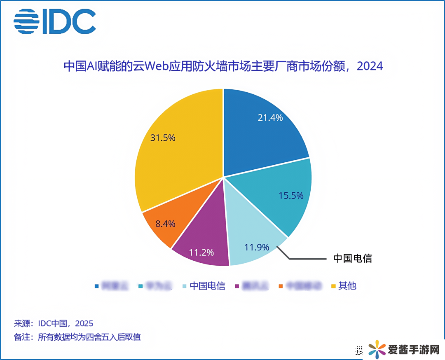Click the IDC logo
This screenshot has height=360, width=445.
[55, 21]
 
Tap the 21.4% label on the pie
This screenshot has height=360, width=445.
[270, 118]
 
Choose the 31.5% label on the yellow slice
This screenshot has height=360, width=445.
[163, 138]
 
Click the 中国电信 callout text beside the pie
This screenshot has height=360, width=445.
[352, 259]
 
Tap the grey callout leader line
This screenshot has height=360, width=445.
[305, 259]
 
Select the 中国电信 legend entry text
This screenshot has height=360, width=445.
[207, 286]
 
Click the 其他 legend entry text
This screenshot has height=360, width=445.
[347, 286]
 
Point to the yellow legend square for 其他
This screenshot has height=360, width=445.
[333, 286]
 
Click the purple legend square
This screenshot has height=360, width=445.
[237, 286]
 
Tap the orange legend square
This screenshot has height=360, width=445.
[281, 286]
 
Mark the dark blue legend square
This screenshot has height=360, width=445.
[96, 286]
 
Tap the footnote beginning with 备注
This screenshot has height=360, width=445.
[77, 337]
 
